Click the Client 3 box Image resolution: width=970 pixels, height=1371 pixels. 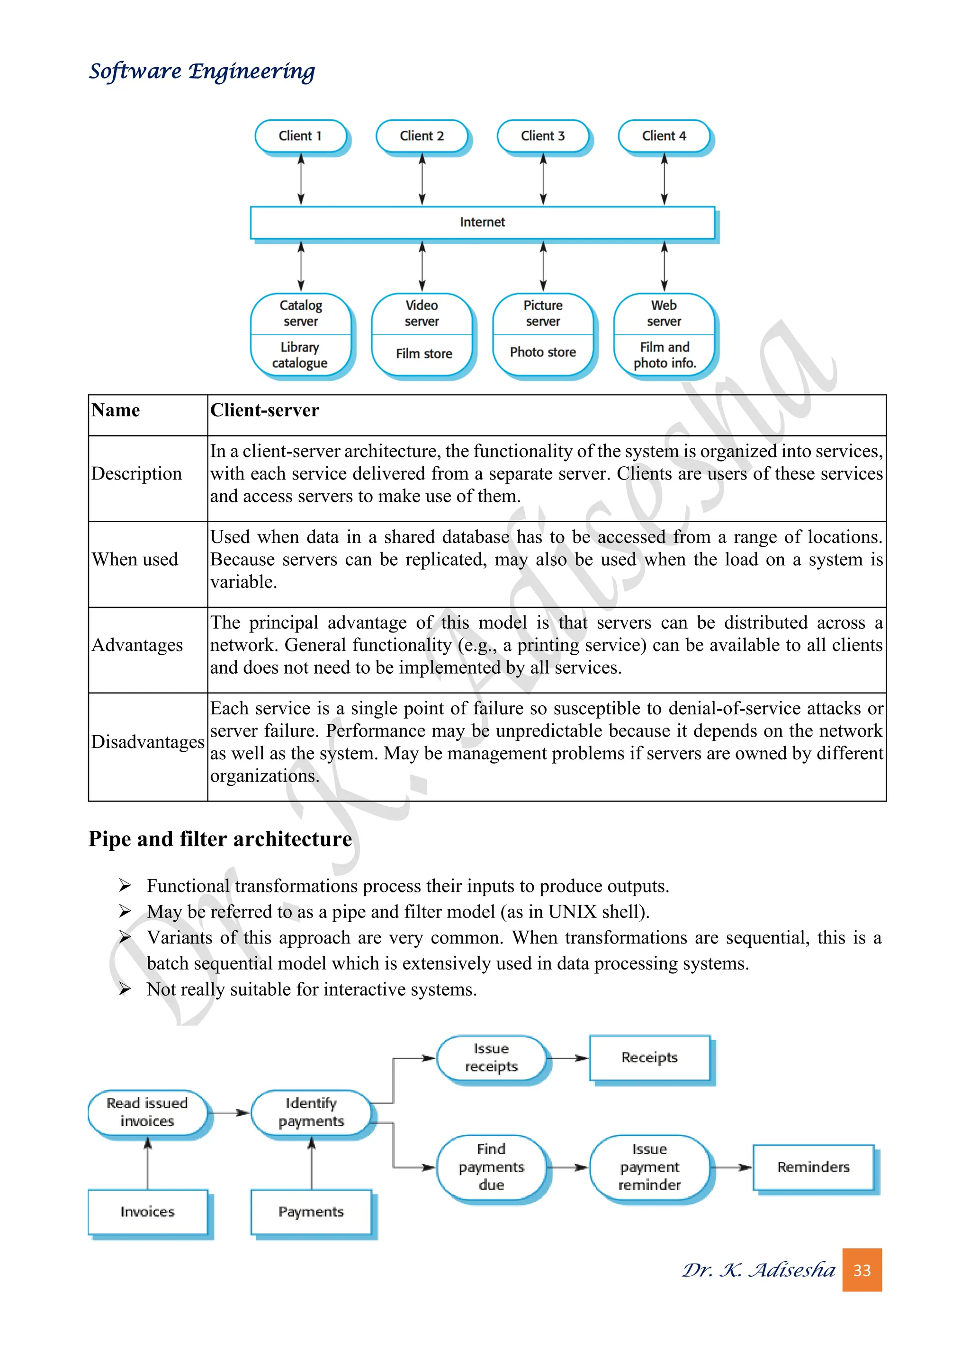pos(542,136)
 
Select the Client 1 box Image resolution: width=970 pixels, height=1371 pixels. pos(300,136)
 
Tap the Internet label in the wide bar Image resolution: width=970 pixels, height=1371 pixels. pos(482,222)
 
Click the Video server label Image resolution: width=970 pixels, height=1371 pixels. pos(422,313)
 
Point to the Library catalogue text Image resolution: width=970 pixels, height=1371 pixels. pos(300,355)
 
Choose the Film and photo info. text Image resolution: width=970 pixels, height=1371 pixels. pos(664,355)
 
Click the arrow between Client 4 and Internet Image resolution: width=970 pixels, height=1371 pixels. pos(664,179)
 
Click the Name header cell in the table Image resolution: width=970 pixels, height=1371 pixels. pos(116,410)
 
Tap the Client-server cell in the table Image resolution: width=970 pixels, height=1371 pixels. pos(265,410)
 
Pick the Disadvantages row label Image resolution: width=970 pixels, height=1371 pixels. pos(147,742)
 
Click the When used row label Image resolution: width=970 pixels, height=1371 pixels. pos(135,560)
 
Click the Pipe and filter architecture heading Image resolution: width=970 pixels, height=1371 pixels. pos(220,839)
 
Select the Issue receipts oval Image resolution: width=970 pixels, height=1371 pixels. pos(491,1058)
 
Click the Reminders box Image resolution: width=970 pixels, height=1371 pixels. pos(813,1167)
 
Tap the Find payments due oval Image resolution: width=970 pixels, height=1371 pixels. pos(491,1167)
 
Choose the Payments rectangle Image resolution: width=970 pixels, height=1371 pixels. pos(311,1211)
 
